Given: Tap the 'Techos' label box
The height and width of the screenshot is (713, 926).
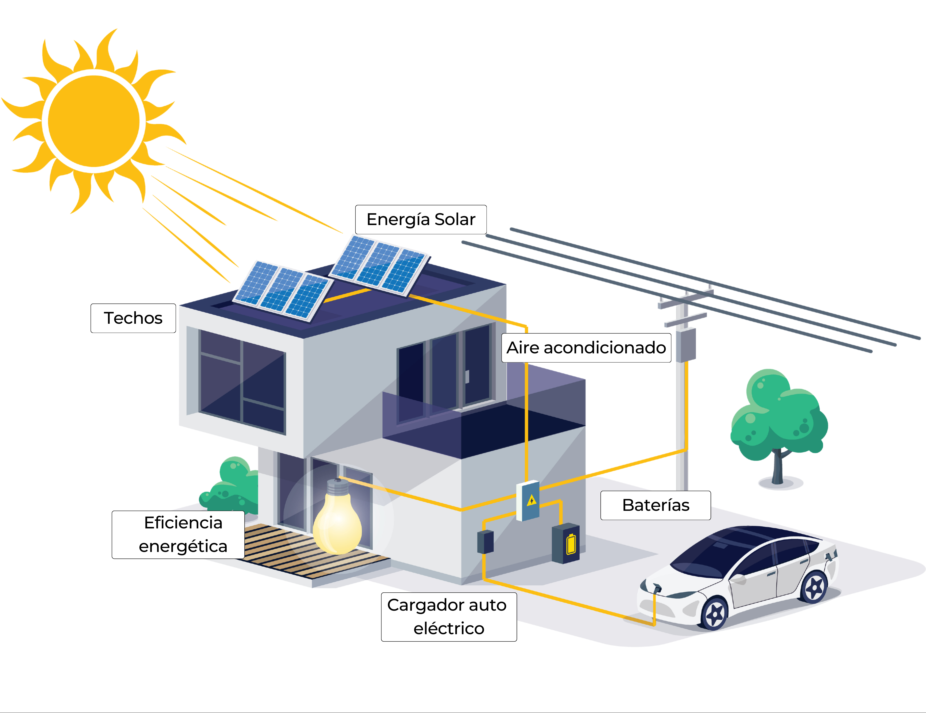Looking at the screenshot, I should pos(133,318).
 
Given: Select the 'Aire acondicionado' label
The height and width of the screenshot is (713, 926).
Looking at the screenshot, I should pos(586,348).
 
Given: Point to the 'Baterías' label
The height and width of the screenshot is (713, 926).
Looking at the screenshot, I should pos(656,505).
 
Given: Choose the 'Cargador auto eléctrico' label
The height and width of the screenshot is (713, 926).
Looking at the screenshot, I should pos(449,617).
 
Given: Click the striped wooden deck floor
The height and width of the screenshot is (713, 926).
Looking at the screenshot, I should pos(305,551).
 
